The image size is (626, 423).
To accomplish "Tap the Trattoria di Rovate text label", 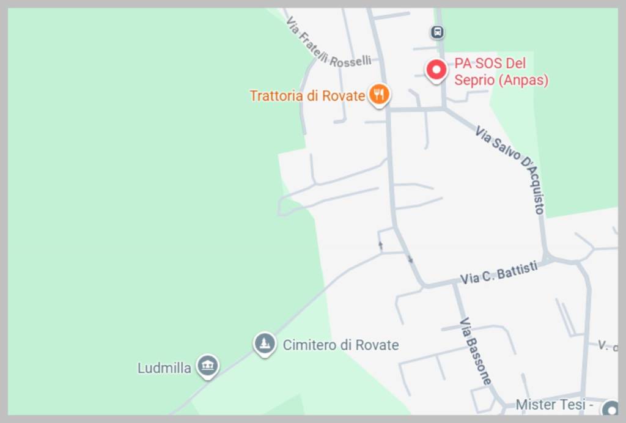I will (307, 96).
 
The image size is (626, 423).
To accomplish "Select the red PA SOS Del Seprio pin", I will (436, 70).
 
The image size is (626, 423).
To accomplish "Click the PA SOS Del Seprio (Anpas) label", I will (501, 72).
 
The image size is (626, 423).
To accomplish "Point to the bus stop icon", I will (437, 32).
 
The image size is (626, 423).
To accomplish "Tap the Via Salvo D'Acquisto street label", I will (510, 169).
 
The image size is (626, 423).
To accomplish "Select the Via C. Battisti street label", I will (499, 273).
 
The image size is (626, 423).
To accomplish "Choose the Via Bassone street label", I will (476, 351).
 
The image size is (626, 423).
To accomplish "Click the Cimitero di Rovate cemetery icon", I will (264, 344).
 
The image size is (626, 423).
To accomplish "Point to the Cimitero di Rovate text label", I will (341, 345).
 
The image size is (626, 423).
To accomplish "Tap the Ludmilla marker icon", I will (208, 366).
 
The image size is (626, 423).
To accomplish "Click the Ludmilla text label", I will (164, 368).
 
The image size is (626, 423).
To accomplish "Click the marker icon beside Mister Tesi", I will (610, 408).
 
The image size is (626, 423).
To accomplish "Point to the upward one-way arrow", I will (380, 246).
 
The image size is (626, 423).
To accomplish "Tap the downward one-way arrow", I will (410, 259).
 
